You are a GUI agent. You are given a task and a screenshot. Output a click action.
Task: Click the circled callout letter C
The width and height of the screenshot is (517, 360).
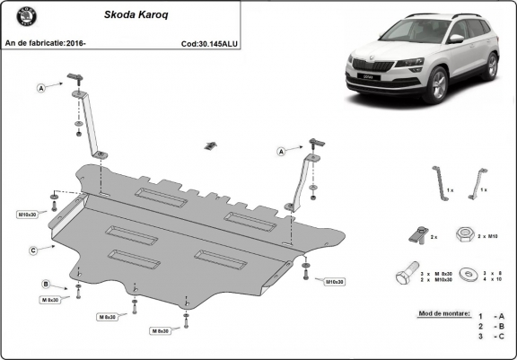(x=32, y=250)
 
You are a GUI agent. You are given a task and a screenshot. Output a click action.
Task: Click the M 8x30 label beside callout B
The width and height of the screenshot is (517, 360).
(x=48, y=300)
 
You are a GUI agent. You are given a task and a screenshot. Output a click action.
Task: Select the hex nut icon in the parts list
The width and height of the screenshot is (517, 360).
(x=464, y=234)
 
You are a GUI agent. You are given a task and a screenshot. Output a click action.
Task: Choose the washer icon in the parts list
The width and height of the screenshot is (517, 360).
(x=467, y=276)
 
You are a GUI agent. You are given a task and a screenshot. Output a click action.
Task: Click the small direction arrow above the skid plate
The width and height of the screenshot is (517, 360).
(x=211, y=145)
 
